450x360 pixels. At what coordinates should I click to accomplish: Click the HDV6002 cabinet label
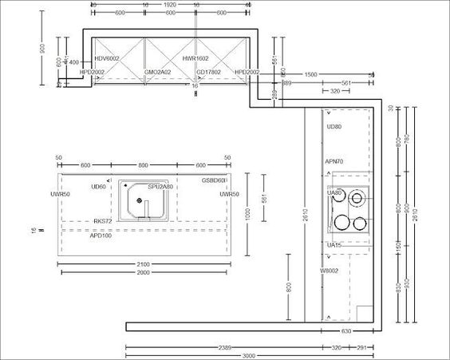point(107,58)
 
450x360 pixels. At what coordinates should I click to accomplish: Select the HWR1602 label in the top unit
point(195,58)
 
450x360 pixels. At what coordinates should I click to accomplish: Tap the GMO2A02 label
point(157,72)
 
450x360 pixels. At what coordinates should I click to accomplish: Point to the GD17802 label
point(209,72)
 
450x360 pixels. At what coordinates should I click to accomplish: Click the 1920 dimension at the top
point(169,4)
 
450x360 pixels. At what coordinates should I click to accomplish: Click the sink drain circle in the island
point(139,201)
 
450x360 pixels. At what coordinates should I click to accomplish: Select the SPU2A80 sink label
point(160,187)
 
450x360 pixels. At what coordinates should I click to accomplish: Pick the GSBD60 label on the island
point(213,180)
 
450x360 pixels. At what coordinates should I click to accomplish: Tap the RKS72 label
point(103,221)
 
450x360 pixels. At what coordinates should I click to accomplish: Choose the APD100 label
point(101,235)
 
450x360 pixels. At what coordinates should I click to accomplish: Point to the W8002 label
point(330,271)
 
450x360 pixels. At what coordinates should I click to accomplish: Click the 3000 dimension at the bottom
point(249,355)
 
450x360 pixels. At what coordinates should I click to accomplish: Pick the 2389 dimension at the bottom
point(227,347)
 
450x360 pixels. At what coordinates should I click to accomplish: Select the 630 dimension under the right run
point(346,330)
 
